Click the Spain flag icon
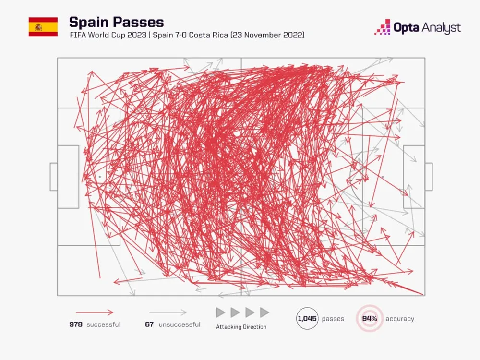pyautogui.click(x=43, y=27)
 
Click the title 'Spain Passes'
pyautogui.click(x=116, y=22)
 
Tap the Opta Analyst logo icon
pyautogui.click(x=383, y=27)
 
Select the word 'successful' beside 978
pyautogui.click(x=103, y=324)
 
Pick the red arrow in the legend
pyautogui.click(x=94, y=312)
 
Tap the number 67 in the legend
pyautogui.click(x=149, y=324)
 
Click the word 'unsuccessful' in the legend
pyautogui.click(x=179, y=324)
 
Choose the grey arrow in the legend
pyautogui.click(x=168, y=312)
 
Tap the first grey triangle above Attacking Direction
pyautogui.click(x=220, y=312)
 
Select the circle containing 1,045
pyautogui.click(x=307, y=318)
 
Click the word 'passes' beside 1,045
pyautogui.click(x=333, y=319)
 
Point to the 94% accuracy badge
pyautogui.click(x=370, y=318)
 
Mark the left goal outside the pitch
pyautogui.click(x=54, y=177)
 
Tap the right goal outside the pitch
pyautogui.click(x=429, y=177)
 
